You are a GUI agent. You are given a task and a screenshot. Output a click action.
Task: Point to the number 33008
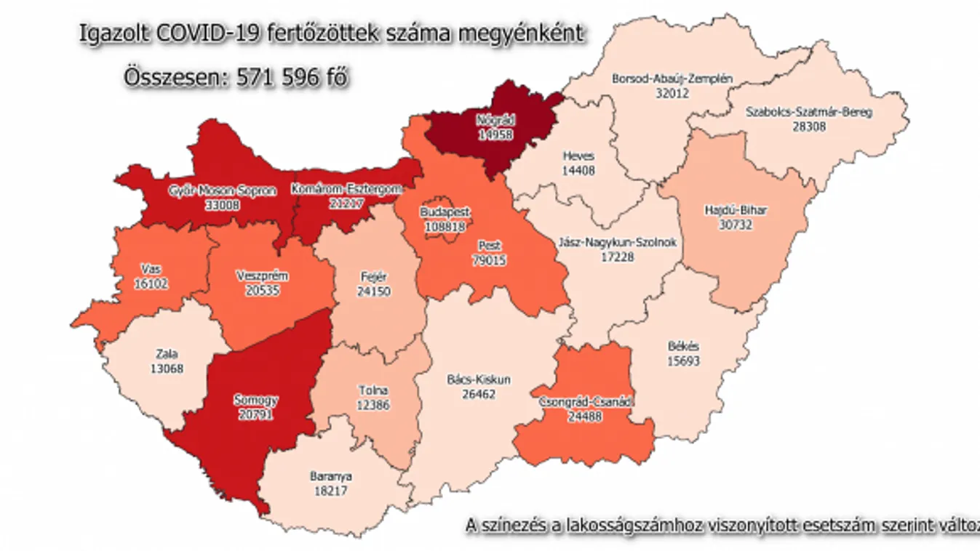[x=222, y=205]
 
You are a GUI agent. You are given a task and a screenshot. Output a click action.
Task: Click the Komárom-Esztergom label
[x=346, y=190]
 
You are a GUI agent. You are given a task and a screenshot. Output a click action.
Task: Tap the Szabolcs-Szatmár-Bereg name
[x=809, y=112]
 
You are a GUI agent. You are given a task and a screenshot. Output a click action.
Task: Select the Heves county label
[x=578, y=156]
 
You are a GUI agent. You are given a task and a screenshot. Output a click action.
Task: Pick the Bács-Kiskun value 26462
[x=479, y=393]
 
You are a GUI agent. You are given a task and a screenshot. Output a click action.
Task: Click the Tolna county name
[x=374, y=391]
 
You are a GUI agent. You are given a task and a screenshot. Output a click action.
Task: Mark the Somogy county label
[x=255, y=400]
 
